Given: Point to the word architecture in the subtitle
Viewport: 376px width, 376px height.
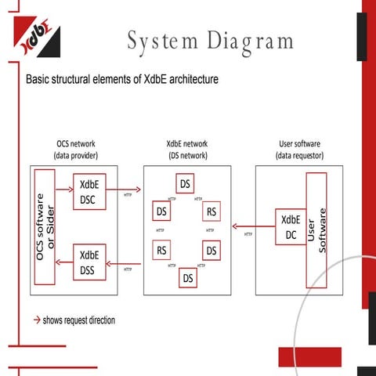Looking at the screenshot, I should pos(185,80).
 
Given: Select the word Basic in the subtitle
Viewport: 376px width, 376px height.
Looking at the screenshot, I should pos(40,80).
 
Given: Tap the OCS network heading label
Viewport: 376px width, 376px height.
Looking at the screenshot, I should pos(75,144).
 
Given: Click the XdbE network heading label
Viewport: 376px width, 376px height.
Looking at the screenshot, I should pos(186,144).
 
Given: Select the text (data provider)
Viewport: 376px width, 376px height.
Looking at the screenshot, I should pos(75,155).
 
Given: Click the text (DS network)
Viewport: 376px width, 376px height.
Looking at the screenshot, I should pos(186,155).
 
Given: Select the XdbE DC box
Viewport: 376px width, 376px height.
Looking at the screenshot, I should pos(290,227).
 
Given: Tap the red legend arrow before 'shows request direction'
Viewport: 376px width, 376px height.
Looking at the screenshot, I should pos(36,320).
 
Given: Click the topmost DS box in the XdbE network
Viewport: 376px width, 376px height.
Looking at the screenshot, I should pos(186,185).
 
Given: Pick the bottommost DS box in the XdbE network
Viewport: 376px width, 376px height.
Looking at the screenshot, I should pos(188,277).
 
